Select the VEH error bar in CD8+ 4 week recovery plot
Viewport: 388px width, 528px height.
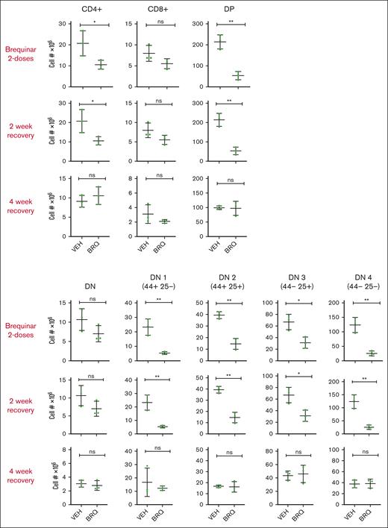[x=148, y=213]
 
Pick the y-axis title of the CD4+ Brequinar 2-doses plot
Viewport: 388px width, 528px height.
[x=53, y=55]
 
